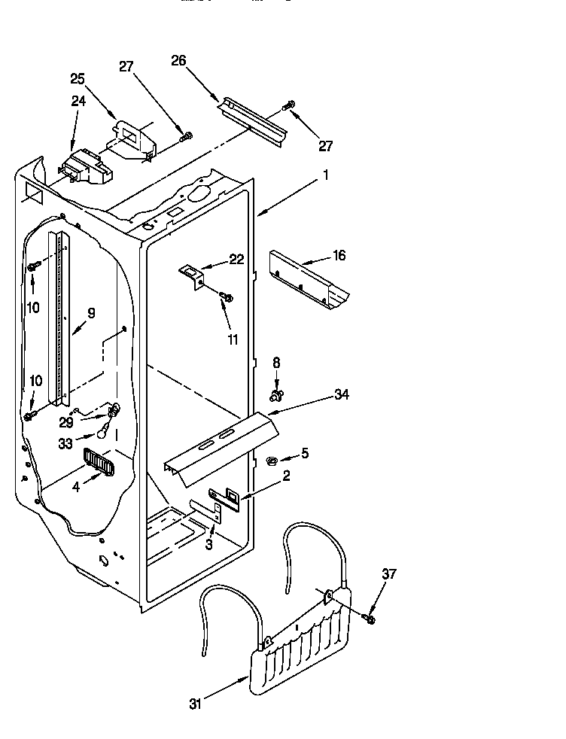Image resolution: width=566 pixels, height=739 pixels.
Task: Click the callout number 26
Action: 178,61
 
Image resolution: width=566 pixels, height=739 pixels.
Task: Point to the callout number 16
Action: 339,256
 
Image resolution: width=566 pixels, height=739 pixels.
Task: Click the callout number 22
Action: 236,260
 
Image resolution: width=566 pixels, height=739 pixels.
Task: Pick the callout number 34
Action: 341,394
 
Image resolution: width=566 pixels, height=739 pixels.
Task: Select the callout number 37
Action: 388,575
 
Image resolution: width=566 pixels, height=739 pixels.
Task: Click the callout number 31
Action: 196,704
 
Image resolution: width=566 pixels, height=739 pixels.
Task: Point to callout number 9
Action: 91,314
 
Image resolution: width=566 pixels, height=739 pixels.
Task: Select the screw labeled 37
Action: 370,618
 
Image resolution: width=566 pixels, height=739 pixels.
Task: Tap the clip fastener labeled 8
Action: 276,393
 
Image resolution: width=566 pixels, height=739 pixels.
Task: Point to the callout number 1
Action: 326,175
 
